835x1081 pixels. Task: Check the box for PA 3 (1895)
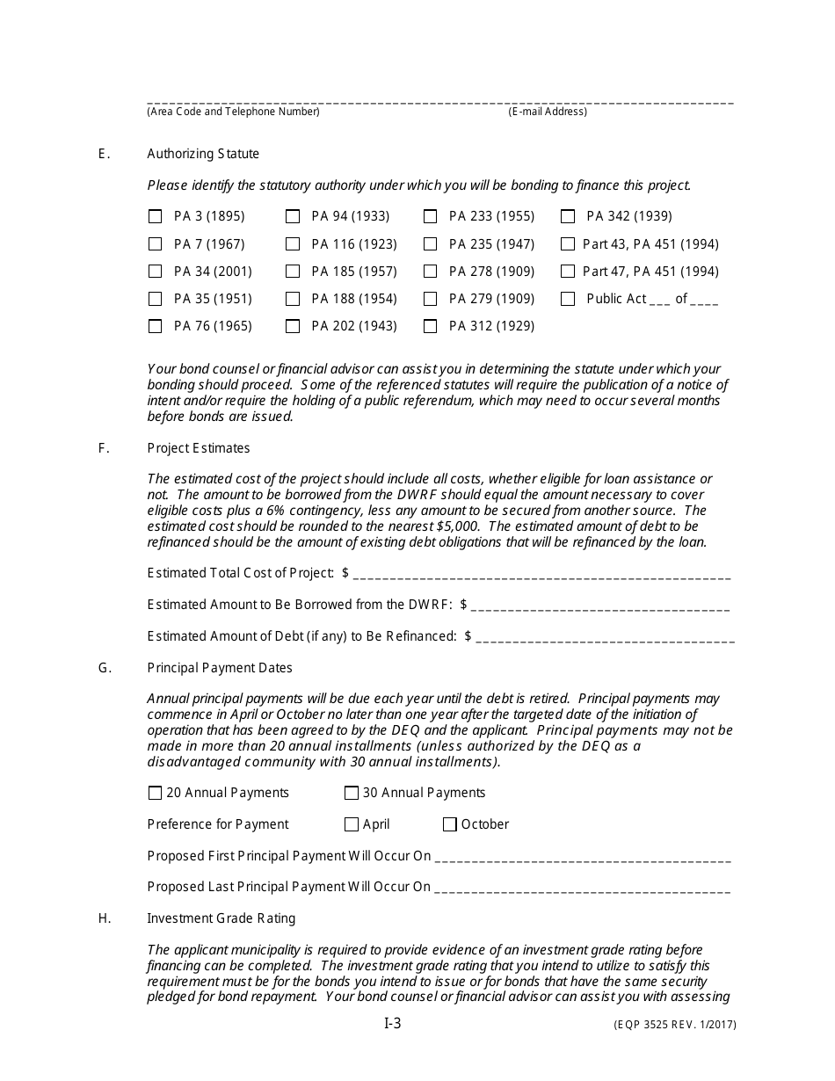(x=156, y=216)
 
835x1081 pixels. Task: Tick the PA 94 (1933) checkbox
(x=293, y=216)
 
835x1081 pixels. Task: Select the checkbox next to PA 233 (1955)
(x=431, y=216)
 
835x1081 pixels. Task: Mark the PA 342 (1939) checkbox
(x=568, y=216)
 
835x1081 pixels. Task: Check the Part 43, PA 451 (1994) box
(x=568, y=244)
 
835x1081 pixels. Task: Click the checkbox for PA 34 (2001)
(x=156, y=272)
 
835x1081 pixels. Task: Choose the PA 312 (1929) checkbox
(x=431, y=326)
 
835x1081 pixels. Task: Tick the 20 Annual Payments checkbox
(x=156, y=793)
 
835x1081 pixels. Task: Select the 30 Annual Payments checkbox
(x=352, y=793)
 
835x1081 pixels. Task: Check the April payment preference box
(x=352, y=824)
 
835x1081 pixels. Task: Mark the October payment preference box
(x=450, y=824)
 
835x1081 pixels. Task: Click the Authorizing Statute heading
(x=203, y=154)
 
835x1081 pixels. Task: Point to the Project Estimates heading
(x=199, y=448)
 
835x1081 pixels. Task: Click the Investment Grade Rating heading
(x=221, y=918)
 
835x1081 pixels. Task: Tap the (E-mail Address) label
(x=548, y=112)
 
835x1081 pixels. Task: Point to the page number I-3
(x=392, y=1023)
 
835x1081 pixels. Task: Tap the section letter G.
(x=105, y=668)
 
